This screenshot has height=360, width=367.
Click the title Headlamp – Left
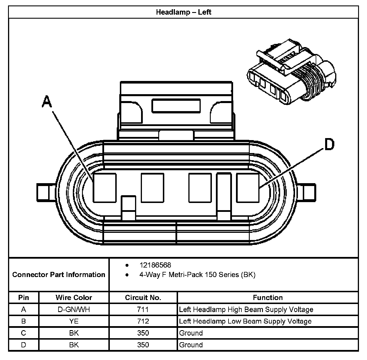183,12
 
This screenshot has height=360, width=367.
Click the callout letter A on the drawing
47,102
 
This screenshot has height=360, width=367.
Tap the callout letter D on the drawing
329,144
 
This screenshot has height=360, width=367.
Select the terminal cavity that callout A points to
105,188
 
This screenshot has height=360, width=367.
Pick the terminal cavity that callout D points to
247,188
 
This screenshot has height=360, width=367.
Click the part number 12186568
155,265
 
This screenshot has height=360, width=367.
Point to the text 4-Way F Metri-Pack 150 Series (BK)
197,275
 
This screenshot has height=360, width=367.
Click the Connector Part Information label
59,275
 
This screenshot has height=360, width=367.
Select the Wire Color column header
74,297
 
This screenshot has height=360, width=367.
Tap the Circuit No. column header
143,297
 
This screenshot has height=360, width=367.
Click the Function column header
268,297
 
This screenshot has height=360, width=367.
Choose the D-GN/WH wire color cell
74,309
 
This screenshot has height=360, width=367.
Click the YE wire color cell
74,321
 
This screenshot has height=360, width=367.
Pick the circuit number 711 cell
143,309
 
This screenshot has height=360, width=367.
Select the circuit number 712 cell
143,321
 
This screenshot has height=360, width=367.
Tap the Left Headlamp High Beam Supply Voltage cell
246,309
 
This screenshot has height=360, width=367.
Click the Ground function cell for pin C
191,333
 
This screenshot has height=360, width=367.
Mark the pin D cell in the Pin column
24,345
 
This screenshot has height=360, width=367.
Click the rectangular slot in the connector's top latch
176,106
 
